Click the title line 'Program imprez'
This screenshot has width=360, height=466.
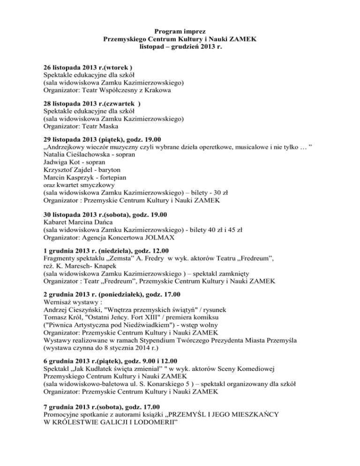click(x=180, y=31)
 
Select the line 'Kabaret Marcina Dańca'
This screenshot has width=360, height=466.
click(x=77, y=222)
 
